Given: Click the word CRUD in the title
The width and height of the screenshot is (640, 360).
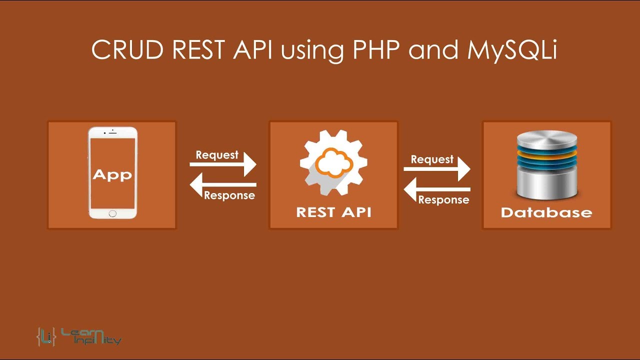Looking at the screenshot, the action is [x=127, y=49].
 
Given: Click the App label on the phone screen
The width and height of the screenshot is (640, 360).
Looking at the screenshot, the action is [x=112, y=174].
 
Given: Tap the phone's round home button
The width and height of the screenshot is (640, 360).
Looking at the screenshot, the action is [x=112, y=213].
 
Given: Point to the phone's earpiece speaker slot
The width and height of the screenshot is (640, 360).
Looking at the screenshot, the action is [x=113, y=133].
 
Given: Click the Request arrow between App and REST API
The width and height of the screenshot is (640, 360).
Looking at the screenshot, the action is [x=223, y=164].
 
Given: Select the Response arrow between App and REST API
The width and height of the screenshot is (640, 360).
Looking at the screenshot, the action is [x=223, y=185].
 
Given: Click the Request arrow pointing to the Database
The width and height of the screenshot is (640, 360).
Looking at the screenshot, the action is [x=437, y=169].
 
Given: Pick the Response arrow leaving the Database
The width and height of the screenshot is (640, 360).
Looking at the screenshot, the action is [x=437, y=189].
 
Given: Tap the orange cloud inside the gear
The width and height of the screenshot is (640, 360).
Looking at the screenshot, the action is [x=333, y=162].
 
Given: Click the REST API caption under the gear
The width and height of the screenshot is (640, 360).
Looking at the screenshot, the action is [x=333, y=212].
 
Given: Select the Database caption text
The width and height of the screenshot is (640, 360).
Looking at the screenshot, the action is [x=546, y=212].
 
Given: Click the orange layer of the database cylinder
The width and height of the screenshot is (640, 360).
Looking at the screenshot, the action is [x=547, y=155].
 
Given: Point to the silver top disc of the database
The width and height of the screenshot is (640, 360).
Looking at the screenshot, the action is [x=547, y=138].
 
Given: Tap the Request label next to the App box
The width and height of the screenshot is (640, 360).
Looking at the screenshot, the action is [x=217, y=155].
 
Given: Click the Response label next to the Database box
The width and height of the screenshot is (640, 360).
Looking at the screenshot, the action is [x=443, y=199].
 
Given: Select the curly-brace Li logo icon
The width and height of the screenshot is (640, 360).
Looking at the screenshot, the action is [x=46, y=336].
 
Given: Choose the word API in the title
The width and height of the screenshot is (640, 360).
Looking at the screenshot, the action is [x=252, y=49].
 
